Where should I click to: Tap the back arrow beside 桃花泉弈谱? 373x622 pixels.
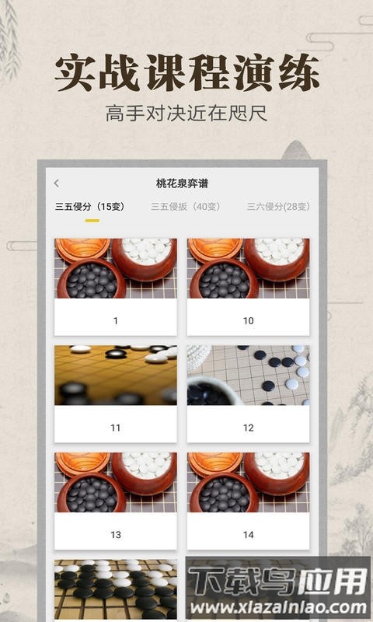pos(56,183)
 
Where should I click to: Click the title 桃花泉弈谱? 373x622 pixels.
pos(182,183)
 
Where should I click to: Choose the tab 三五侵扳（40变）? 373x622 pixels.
pos(186,207)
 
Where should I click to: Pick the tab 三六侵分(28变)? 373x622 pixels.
pos(277,207)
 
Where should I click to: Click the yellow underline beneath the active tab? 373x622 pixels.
pos(92,220)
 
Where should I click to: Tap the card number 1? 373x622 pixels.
pos(116,320)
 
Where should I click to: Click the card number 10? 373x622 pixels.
pos(248,320)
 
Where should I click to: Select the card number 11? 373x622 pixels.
pos(116,428)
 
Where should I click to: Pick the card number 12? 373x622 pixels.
pos(248,428)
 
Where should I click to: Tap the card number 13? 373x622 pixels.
pos(116,535)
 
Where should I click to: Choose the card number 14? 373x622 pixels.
pos(248,535)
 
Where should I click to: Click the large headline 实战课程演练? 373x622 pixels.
pos(186,74)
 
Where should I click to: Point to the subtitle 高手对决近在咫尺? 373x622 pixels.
pos(186,114)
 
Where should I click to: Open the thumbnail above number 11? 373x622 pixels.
pos(116,376)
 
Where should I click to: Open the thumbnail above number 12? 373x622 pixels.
pos(248,376)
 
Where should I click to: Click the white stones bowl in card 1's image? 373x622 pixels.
pos(146,255)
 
